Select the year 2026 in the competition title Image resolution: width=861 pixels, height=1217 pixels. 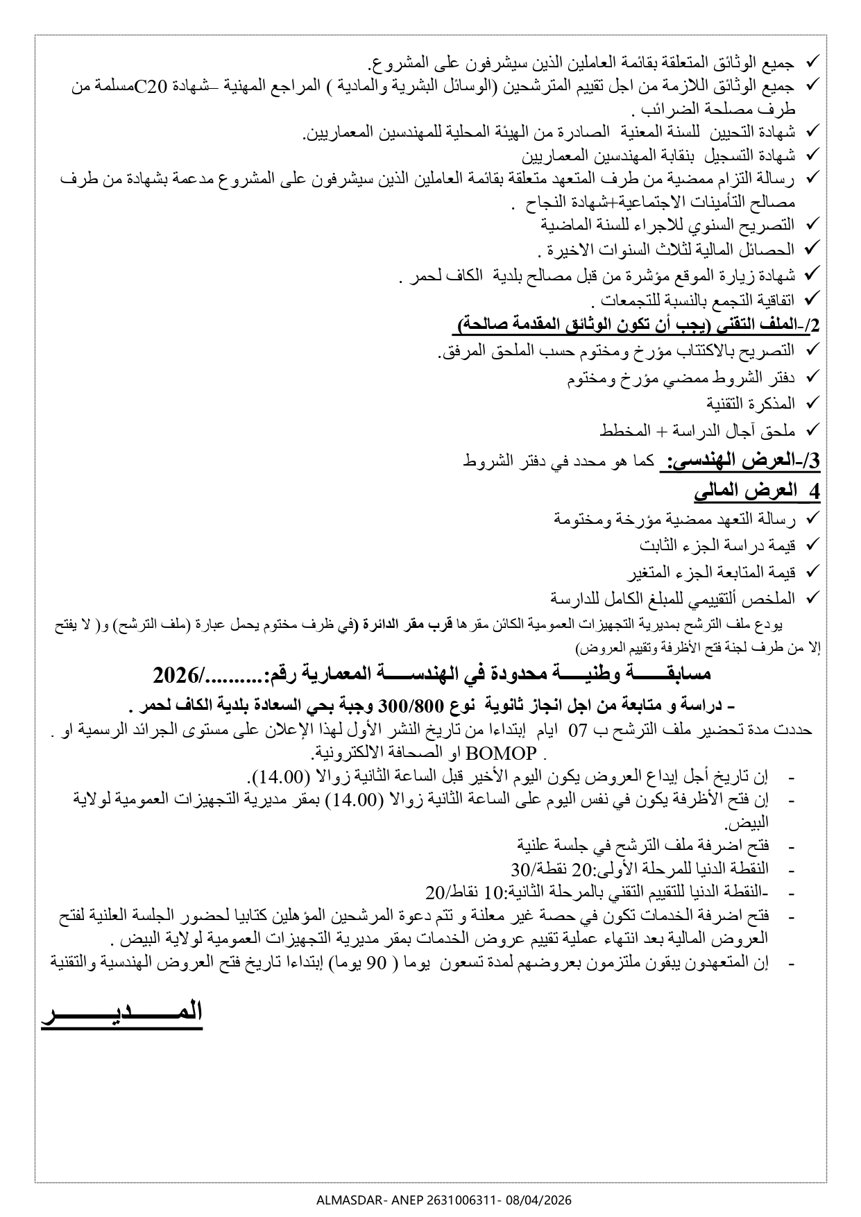[x=176, y=674]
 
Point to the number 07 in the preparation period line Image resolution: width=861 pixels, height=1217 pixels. [x=577, y=731]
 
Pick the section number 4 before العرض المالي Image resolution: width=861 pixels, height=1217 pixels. [x=815, y=491]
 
